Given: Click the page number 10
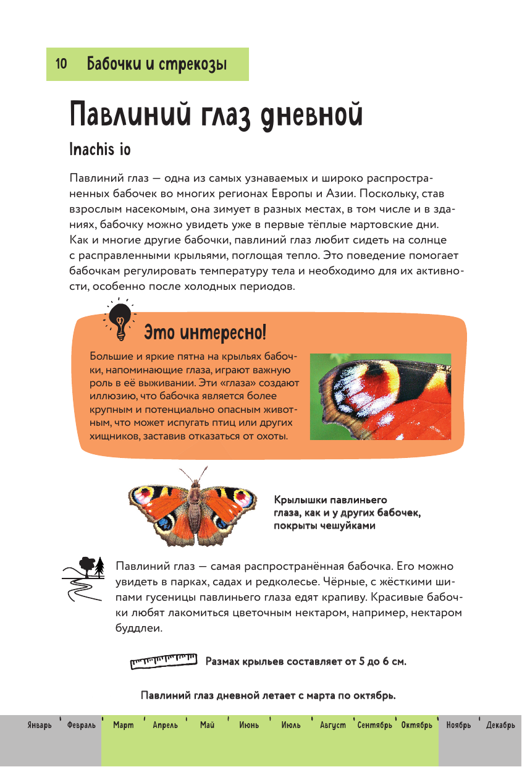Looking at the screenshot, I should (x=61, y=64).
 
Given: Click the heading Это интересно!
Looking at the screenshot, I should (x=205, y=334).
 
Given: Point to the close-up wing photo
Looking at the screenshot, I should (x=380, y=396).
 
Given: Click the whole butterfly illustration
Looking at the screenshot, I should (x=193, y=506).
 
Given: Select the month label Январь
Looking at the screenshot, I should (x=40, y=725).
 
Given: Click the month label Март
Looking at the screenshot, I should (x=124, y=725).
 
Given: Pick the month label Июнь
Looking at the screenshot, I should (x=249, y=725).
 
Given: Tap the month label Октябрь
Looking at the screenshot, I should (x=416, y=725).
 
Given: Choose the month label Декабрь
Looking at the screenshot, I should (x=500, y=725).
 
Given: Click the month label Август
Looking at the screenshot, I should (x=332, y=725).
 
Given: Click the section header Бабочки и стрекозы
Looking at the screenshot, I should (x=157, y=64).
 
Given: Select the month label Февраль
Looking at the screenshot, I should (x=82, y=725).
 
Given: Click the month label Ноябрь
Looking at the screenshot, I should (x=458, y=725).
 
